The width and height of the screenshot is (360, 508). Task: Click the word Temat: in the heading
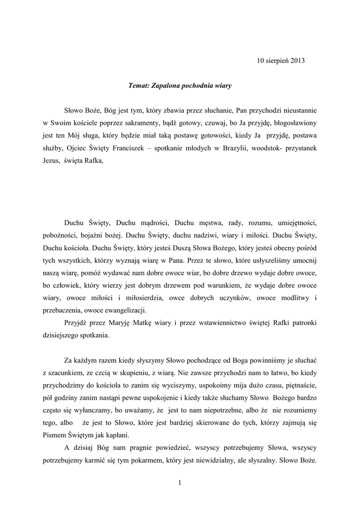pos(140,85)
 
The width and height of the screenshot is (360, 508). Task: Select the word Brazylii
pos(240,148)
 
